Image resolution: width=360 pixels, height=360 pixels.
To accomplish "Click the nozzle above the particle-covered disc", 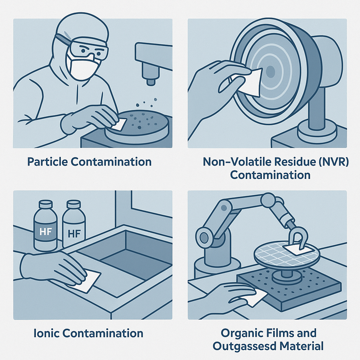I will [150, 76].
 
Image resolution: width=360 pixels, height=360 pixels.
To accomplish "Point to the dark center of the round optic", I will [270, 72].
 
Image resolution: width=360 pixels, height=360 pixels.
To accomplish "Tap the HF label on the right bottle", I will [73, 233].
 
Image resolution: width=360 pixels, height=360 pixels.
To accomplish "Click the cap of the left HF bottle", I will [45, 205].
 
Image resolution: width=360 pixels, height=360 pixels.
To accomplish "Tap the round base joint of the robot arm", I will [205, 236].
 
